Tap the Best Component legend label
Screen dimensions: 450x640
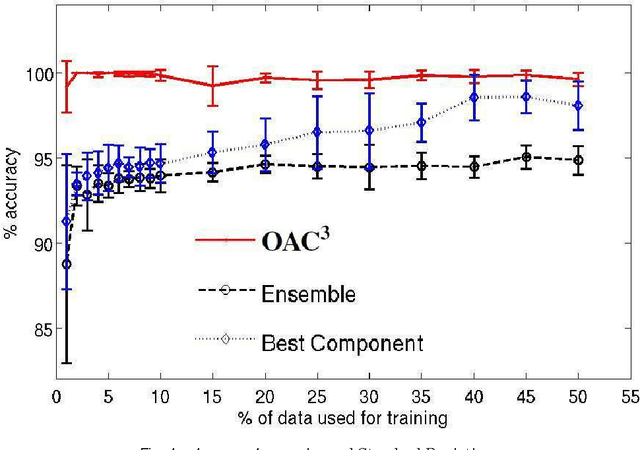342,343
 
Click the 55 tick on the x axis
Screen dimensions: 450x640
630,396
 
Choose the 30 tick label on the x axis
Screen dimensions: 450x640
369,396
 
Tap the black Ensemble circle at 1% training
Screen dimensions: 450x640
66,264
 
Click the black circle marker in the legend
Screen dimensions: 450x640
225,291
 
